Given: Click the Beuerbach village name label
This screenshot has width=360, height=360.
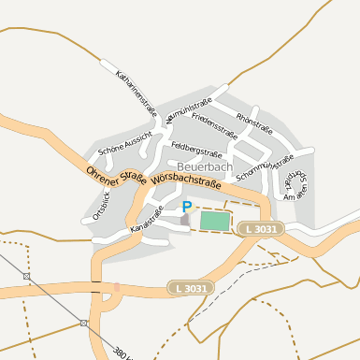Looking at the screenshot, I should click(204, 166).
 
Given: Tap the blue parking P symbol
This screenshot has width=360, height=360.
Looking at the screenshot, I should click(186, 207).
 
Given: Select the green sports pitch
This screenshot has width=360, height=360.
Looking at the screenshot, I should click(215, 220).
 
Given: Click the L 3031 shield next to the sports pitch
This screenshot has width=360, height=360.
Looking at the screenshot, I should click(259, 229).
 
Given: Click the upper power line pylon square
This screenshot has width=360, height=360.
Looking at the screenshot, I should click(26, 277).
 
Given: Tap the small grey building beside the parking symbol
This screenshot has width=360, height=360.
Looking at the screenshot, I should click(184, 220).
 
